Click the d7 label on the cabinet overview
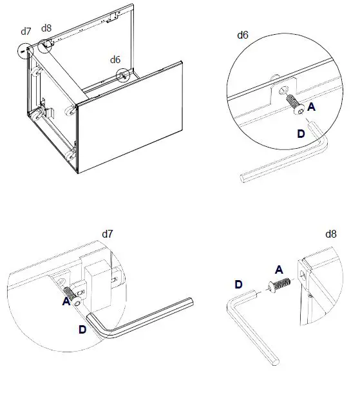pos(26,31)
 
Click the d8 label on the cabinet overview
pos(46,28)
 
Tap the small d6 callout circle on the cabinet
pos(122,75)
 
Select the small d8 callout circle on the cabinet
pos(45,45)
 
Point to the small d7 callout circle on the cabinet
pos(26,50)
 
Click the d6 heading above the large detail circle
pos(243,35)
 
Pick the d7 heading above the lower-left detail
pos(108,234)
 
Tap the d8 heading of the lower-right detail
pos(332,234)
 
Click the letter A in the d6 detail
pos(311,108)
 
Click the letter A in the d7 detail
pos(67,301)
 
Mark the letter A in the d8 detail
pos(278,269)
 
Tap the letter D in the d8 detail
pos(238,284)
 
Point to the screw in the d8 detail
pos(277,285)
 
